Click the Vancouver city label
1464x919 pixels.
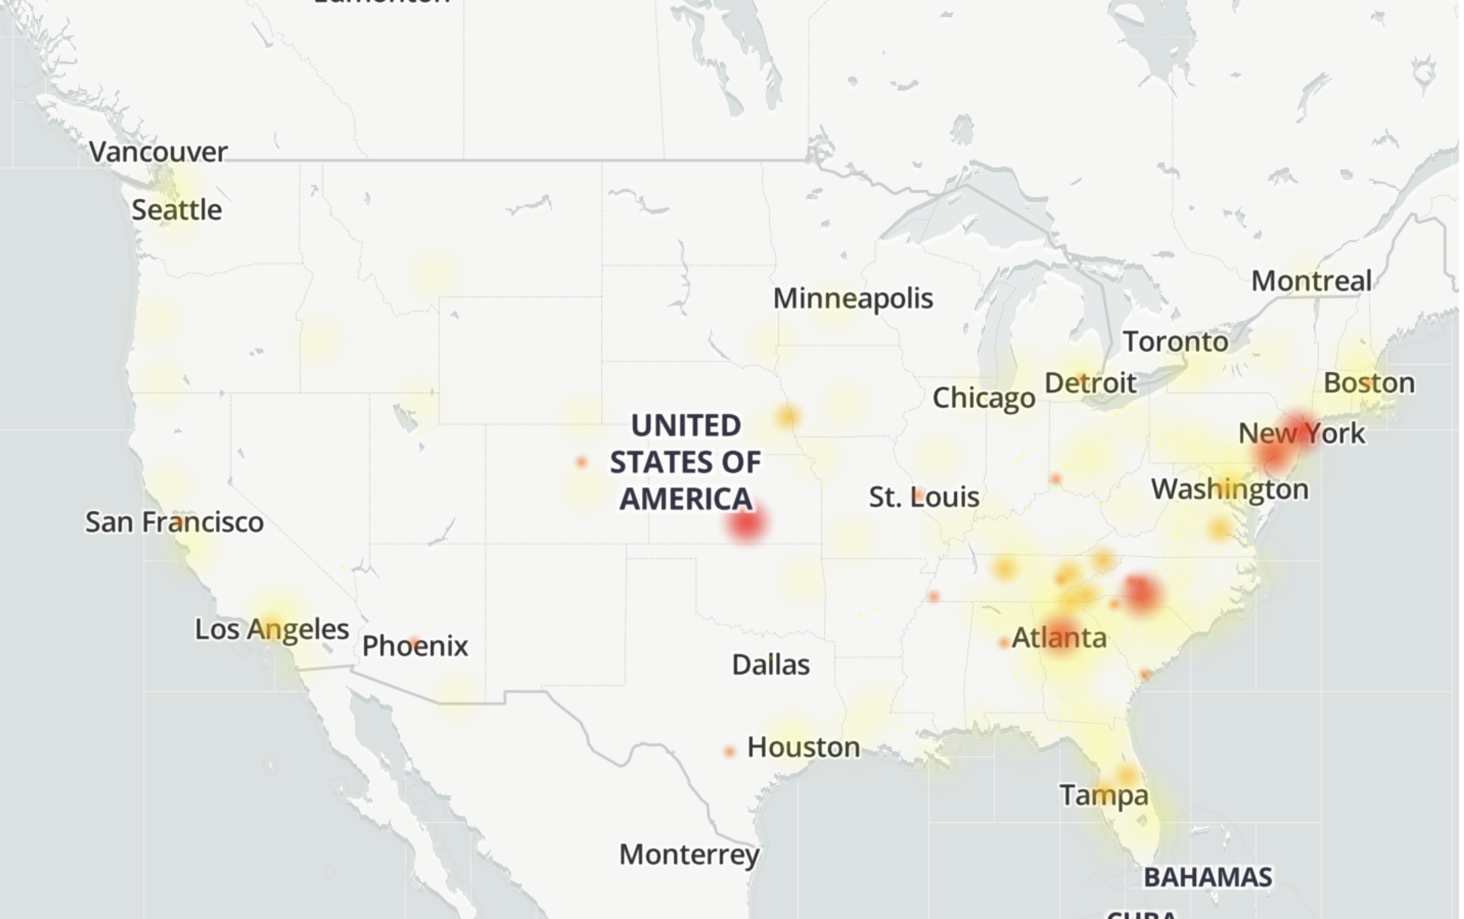(x=159, y=152)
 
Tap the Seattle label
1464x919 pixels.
(x=177, y=210)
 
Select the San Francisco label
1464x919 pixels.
(x=174, y=522)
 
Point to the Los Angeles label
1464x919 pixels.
(x=272, y=629)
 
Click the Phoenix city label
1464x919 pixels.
(x=415, y=646)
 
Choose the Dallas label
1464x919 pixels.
(x=770, y=665)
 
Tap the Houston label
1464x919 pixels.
(x=803, y=747)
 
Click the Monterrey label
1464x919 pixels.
(x=689, y=855)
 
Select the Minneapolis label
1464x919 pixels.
(x=853, y=298)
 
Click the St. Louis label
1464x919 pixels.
(x=923, y=497)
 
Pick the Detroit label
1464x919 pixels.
(x=1090, y=384)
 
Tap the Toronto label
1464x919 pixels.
(x=1175, y=342)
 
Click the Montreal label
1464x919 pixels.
(x=1312, y=282)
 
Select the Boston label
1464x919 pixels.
(x=1369, y=384)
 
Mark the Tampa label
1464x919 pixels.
(x=1104, y=796)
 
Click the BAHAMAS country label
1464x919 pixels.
(x=1208, y=878)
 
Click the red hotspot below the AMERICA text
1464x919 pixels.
(x=747, y=523)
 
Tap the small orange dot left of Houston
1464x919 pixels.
(x=729, y=752)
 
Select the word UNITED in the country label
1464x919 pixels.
(x=686, y=425)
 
